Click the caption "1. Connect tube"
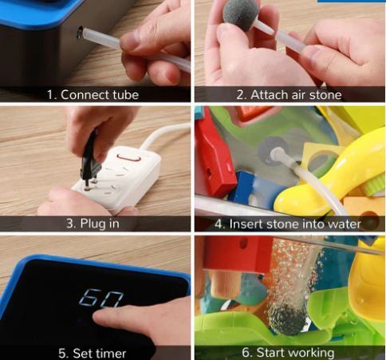pos(93,95)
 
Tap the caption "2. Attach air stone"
pos(289,95)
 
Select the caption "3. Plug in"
pos(93,224)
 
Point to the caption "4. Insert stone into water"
pos(288,224)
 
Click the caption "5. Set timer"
pos(92,353)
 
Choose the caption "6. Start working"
pos(288,352)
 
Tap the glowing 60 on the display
pos(101,298)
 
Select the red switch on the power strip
pos(128,157)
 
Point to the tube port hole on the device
pos(79,32)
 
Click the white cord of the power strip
pos(164,134)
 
